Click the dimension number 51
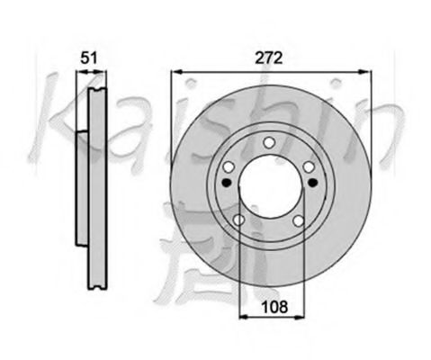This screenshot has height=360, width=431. tap(89, 58)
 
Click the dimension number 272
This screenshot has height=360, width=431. tap(269, 58)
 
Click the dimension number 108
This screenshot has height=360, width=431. tap(274, 307)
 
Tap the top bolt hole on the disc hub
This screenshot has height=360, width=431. tap(269, 142)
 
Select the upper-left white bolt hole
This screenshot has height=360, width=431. tap(229, 167)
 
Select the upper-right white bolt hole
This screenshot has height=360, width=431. tap(309, 167)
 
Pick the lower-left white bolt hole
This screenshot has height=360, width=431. tap(239, 220)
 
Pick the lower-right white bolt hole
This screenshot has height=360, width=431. tap(299, 221)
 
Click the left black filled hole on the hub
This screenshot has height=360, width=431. tap(227, 182)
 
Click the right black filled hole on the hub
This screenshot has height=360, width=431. tap(313, 182)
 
